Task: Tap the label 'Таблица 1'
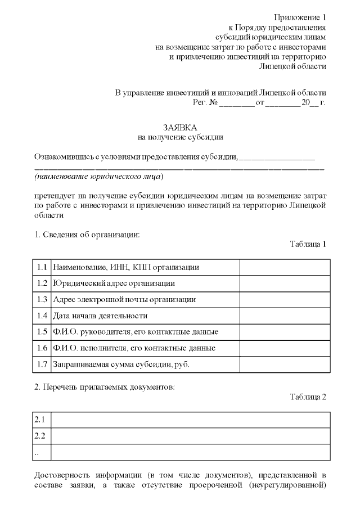[x=308, y=244]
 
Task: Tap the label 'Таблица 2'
[x=308, y=397]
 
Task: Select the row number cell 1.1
[x=41, y=267]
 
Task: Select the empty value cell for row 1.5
[x=285, y=332]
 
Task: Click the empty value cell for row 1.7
[x=285, y=364]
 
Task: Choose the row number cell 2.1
[x=41, y=420]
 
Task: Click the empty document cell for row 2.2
[x=190, y=436]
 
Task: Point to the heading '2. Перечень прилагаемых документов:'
[x=105, y=388]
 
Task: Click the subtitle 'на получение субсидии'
[x=180, y=136]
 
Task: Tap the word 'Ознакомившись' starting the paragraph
[x=61, y=156]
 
